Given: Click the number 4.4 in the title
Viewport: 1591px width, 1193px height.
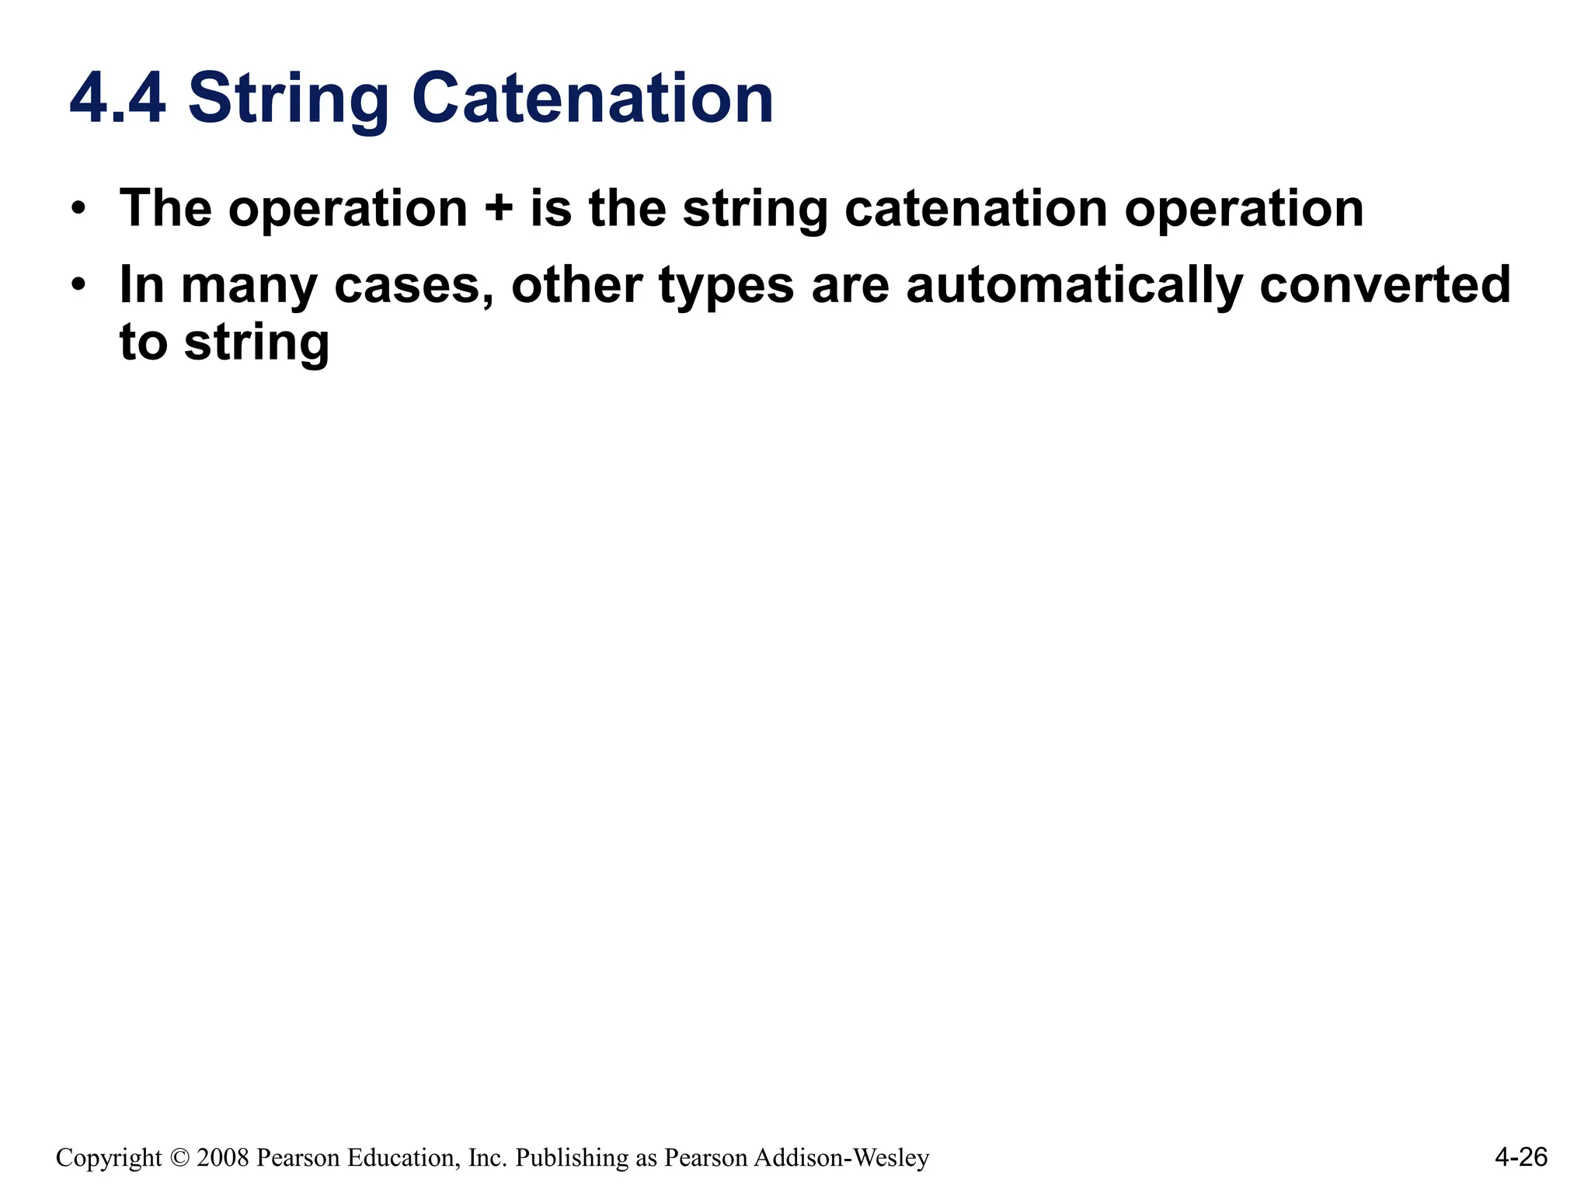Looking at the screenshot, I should tap(117, 99).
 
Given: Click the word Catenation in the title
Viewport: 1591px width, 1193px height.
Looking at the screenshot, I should tap(592, 99).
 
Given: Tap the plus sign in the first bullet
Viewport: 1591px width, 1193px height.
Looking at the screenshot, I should tap(499, 209).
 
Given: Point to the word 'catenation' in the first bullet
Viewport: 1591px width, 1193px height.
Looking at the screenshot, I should tap(975, 208).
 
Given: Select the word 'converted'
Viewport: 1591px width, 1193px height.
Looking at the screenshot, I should tap(1385, 284).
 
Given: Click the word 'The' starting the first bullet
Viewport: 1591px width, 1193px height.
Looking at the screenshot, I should tap(165, 208).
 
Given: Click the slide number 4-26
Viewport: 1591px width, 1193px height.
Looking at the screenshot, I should tap(1520, 1157).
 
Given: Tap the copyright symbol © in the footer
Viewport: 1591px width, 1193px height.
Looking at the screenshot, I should tap(179, 1158).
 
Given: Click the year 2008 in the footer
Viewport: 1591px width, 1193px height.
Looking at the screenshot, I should tap(223, 1158).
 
